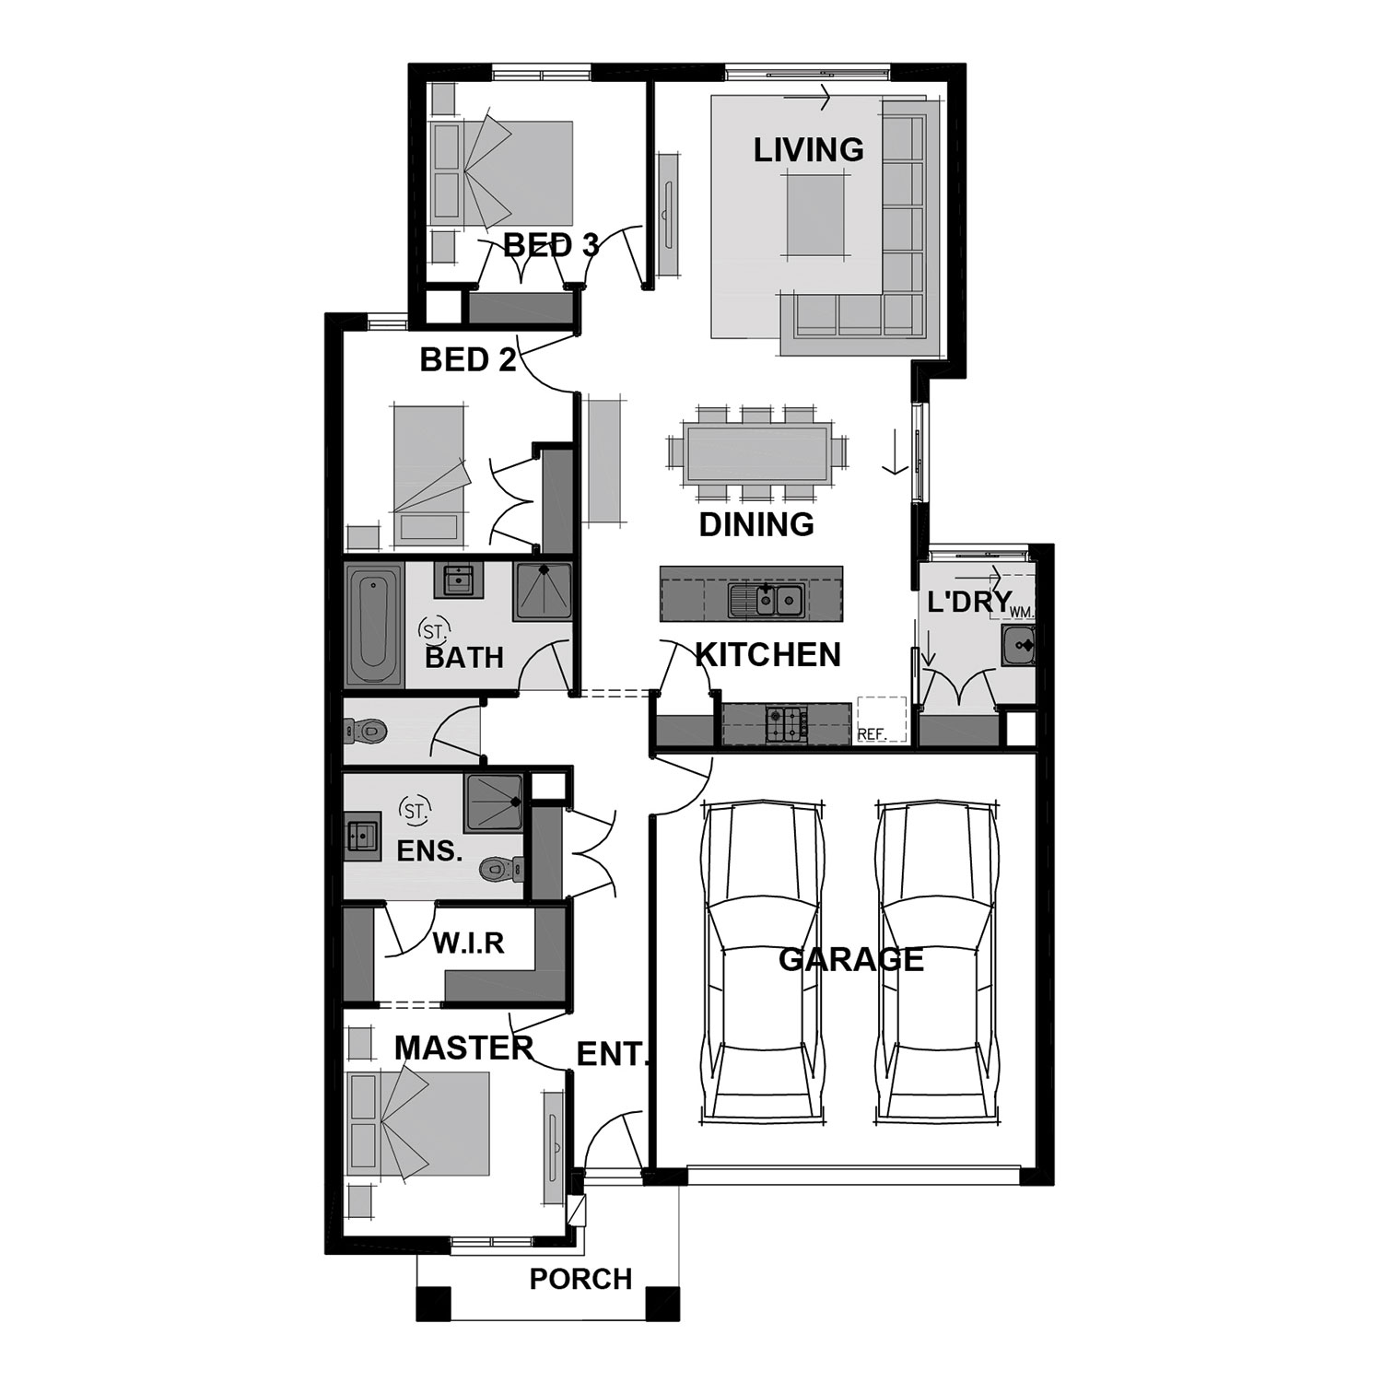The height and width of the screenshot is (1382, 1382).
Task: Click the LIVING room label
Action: point(809,149)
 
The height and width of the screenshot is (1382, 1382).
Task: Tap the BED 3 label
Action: point(551,245)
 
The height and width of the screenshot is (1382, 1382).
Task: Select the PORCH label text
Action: point(580,1279)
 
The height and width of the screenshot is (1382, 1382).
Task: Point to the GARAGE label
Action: point(851,959)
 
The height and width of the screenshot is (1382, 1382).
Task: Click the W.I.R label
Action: point(469,943)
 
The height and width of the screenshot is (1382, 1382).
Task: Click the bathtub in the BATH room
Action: point(373,624)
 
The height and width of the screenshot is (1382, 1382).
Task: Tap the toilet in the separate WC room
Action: point(365,732)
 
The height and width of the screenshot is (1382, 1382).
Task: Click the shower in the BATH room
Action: point(542,591)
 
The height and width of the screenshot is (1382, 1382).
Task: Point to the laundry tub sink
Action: point(1019,646)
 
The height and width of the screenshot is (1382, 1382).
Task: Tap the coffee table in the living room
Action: point(815,216)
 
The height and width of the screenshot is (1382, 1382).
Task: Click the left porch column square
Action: point(434,1304)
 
